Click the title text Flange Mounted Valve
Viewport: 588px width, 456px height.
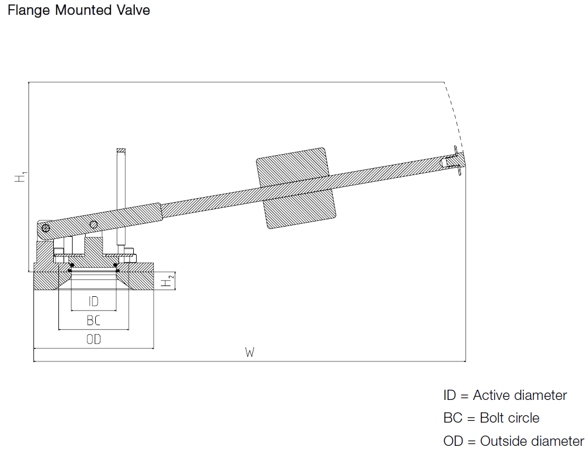[x=79, y=10]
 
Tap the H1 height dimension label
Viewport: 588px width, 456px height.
[x=21, y=177]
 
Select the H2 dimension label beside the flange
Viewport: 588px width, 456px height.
[x=166, y=281]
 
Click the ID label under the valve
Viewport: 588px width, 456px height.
[x=94, y=301]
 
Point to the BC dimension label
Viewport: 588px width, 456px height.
[x=94, y=321]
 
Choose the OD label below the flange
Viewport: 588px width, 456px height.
[x=94, y=340]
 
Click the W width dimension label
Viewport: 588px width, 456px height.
[x=249, y=353]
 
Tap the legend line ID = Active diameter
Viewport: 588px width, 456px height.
[x=505, y=395]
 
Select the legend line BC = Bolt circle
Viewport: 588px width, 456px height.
[x=491, y=418]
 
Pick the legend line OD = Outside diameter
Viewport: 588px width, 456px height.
[x=513, y=441]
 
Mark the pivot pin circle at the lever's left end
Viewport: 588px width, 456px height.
[x=46, y=228]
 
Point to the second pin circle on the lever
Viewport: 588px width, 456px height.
[x=95, y=224]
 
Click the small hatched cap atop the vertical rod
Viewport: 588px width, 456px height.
[x=120, y=150]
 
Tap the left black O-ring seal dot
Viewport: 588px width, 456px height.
[x=71, y=265]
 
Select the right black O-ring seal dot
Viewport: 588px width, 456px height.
[x=116, y=265]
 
